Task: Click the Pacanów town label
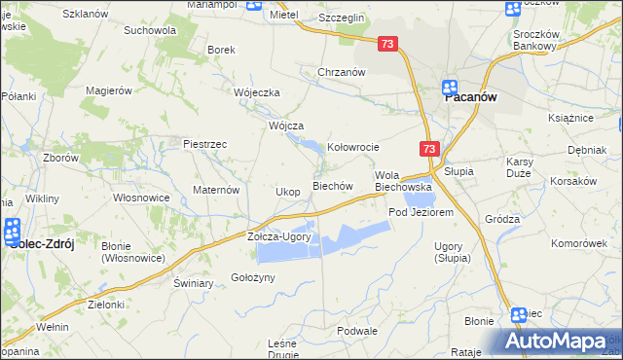point(472,98)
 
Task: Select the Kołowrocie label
point(352,147)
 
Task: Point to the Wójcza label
point(286,126)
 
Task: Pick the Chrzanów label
point(341,72)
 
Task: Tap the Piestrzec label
point(204,144)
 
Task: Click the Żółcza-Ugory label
point(278,237)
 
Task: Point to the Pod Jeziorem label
point(421,212)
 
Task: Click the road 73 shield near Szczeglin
point(387,44)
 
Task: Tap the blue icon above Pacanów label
point(452,86)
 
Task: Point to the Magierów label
point(108,90)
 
